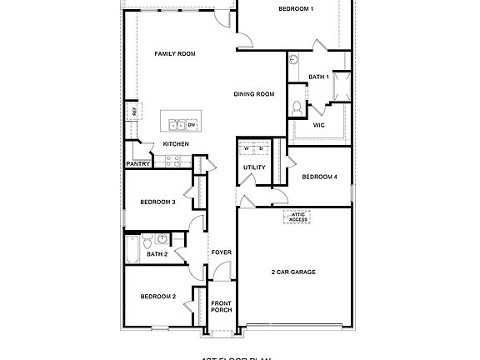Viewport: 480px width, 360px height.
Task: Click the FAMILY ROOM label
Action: [174, 53]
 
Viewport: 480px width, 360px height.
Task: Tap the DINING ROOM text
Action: [253, 94]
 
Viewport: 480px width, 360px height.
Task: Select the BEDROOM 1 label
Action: [295, 8]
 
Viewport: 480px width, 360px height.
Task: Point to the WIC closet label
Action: [318, 125]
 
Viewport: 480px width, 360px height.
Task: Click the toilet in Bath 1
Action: [297, 107]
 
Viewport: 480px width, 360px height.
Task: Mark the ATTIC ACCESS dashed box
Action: [297, 216]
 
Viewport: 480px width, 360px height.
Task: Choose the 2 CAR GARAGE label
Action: [292, 272]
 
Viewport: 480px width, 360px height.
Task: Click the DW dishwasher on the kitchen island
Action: [191, 126]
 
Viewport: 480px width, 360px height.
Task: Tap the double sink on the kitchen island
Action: [177, 126]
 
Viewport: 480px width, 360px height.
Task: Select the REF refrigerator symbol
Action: [132, 111]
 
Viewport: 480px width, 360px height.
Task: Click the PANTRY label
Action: [137, 164]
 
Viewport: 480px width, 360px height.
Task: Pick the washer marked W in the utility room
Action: [247, 148]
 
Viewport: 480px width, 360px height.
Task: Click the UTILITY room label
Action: [254, 167]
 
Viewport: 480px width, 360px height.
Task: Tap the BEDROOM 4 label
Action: [319, 177]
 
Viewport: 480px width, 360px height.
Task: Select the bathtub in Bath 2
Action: [132, 247]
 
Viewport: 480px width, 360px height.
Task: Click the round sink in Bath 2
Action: [162, 240]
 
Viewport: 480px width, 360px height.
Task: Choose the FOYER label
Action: [221, 252]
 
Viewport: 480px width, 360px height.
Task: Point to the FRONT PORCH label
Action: [221, 306]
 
